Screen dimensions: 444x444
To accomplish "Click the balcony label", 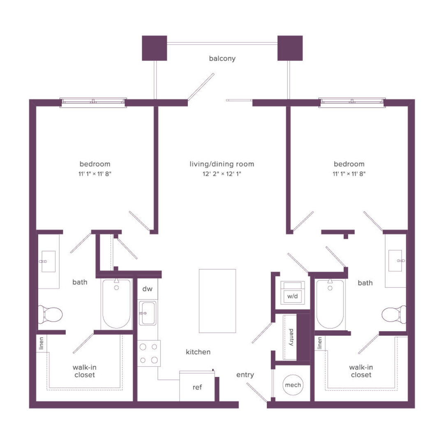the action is tap(222, 58).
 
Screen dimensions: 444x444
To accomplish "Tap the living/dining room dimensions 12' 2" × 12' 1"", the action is tap(222, 173).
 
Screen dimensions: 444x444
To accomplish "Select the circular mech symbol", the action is tap(293, 385).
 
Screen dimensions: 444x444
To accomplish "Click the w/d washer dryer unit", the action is tap(293, 293).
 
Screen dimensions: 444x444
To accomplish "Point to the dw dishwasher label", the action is tap(147, 289).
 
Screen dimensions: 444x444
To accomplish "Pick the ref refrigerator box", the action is tap(197, 386).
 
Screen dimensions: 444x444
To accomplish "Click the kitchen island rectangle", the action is tap(217, 301).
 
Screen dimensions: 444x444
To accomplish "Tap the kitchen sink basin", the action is tap(147, 313).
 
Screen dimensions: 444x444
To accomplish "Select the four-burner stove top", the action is tap(149, 354).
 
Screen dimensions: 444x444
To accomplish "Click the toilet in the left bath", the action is tap(50, 314).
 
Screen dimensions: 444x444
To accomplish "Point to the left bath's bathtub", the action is tap(116, 303).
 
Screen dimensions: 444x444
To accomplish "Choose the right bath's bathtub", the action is tap(330, 303).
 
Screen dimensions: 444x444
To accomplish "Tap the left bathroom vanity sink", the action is tap(48, 261).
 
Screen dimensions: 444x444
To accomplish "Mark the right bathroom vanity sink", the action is tap(395, 261).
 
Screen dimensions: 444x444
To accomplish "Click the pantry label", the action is tap(291, 337).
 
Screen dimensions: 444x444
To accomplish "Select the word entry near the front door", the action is tap(245, 375).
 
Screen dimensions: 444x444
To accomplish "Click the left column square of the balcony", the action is tap(154, 48).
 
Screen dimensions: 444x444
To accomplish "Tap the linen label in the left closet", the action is tap(42, 343).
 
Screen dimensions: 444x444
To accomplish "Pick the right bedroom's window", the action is tap(352, 102).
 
